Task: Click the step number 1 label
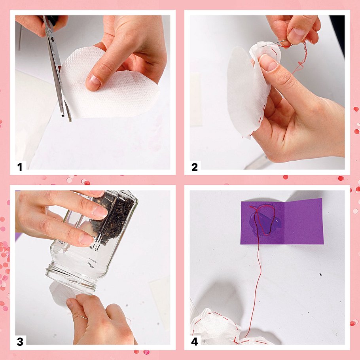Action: coord(20,167)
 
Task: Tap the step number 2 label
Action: coord(195,167)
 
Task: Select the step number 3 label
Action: coord(20,342)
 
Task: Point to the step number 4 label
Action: coord(195,342)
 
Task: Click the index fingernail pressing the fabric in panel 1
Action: coord(93,82)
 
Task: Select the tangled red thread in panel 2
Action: coord(301,55)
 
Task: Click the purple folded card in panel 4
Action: coord(282,221)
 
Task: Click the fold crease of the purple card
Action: coord(285,222)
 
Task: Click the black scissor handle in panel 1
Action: coord(52,20)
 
